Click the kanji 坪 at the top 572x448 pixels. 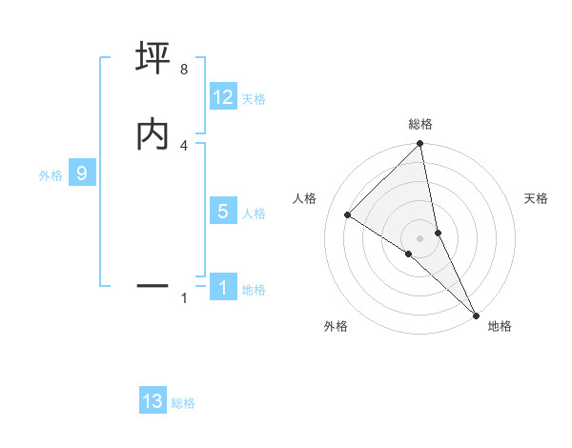153,59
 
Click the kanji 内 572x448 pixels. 153,134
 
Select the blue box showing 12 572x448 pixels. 223,97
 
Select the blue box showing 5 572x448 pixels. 223,212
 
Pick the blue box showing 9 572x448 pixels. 82,173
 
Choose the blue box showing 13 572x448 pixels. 153,401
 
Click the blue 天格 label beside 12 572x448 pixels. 254,99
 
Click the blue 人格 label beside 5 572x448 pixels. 254,214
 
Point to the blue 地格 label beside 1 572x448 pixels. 254,290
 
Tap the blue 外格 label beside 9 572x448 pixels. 51,175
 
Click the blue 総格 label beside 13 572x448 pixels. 183,403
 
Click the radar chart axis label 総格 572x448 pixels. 420,124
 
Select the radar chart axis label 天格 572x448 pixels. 537,198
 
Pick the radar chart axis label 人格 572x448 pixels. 304,198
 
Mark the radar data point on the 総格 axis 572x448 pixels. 420,145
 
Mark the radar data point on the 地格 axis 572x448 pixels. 475,314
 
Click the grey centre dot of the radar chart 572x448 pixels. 420,237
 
